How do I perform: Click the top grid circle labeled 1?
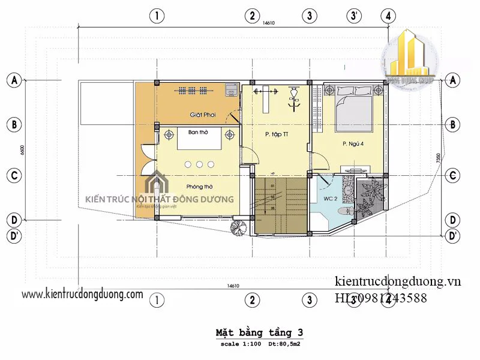[x=157, y=16]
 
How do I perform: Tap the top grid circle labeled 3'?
[x=355, y=16]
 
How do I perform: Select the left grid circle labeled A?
[x=14, y=80]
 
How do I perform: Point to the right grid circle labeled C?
[x=454, y=175]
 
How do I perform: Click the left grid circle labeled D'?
[x=14, y=236]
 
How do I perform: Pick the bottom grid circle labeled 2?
[x=253, y=299]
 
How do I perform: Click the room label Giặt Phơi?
[x=202, y=115]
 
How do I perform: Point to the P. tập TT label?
[x=275, y=134]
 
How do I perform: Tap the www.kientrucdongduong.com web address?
[x=82, y=294]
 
